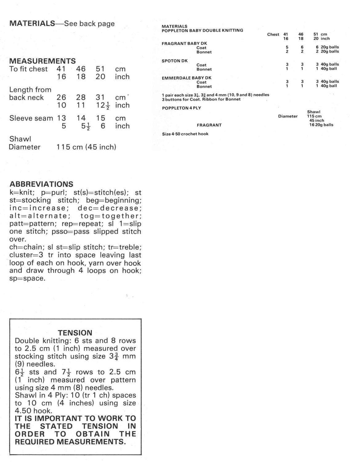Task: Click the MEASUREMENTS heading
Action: point(42,61)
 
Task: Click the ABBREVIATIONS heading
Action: point(41,184)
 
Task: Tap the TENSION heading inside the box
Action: point(75,333)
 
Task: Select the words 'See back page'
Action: point(89,24)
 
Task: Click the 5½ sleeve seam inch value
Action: point(81,126)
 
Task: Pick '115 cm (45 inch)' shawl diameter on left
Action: point(86,147)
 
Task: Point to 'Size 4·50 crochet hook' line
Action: point(185,134)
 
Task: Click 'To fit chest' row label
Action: point(29,69)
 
